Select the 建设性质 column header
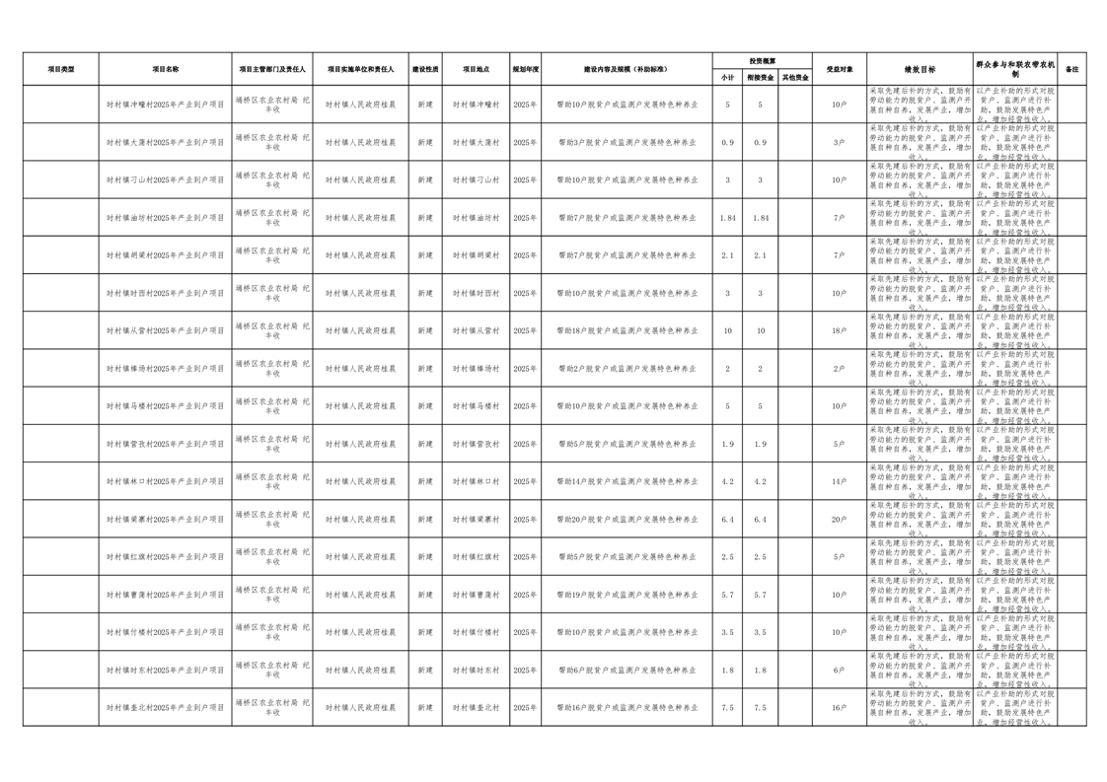425,69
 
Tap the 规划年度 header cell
525,69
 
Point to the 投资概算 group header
762,61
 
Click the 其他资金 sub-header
795,77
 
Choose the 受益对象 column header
839,69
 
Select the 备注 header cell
1072,69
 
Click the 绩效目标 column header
920,69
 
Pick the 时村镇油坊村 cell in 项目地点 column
477,218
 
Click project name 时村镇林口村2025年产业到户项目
166,482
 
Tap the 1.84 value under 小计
728,218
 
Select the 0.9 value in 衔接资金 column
760,143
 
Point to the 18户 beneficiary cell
839,331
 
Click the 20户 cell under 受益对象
839,520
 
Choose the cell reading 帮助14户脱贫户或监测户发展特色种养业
627,482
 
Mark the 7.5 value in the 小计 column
728,708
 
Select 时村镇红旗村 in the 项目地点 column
477,557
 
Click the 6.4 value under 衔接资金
760,520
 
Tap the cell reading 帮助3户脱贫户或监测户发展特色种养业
627,143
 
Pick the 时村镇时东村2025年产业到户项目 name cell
166,671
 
